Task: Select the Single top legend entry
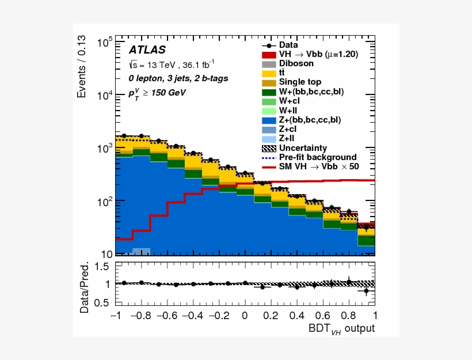(x=300, y=82)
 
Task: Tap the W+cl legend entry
(x=290, y=101)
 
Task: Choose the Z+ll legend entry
(x=288, y=138)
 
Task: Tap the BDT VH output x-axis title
(x=341, y=328)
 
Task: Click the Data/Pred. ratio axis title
(x=85, y=288)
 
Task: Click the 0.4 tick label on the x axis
(x=296, y=316)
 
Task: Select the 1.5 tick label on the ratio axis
(x=102, y=266)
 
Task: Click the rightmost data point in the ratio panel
(x=366, y=291)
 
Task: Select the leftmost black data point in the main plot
(x=124, y=135)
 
